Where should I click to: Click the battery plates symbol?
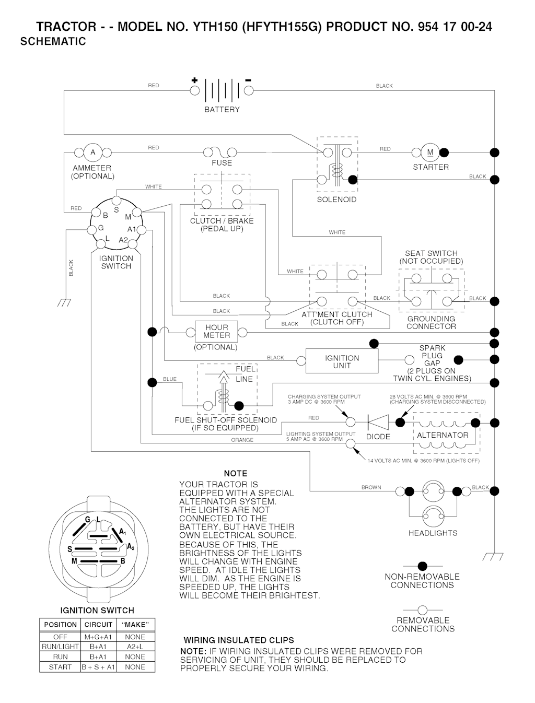222,90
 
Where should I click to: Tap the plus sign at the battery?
194,80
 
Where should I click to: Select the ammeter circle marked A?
93,152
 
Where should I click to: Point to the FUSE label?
222,163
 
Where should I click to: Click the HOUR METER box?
216,332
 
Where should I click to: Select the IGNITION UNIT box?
342,361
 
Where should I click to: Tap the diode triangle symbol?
378,422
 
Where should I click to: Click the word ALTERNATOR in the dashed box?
443,435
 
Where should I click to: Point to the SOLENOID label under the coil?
336,200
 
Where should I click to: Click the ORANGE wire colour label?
242,440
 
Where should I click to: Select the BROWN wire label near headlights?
371,487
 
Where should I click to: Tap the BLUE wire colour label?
170,379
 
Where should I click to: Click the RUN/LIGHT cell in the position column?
60,647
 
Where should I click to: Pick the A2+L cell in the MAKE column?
135,647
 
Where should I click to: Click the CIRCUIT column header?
98,625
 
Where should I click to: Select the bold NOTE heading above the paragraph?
235,473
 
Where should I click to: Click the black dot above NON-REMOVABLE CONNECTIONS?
423,566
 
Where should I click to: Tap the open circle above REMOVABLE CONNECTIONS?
423,610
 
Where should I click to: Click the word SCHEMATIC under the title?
53,42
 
